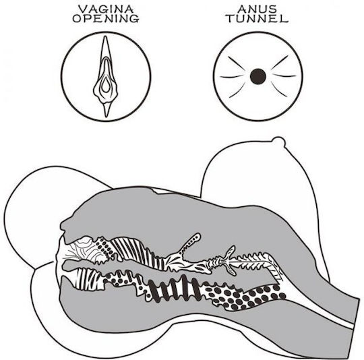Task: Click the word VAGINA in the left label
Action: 106,9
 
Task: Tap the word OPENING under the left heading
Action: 106,19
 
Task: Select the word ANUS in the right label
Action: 257,9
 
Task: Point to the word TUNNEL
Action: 257,19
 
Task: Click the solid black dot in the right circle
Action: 258,76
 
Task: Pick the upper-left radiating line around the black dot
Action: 235,63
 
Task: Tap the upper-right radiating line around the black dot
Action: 280,63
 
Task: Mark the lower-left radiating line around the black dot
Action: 237,90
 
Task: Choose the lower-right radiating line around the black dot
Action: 278,90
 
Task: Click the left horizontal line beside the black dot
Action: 232,76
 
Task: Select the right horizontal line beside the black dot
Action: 284,76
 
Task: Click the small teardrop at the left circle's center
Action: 106,85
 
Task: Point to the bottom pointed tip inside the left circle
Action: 107,116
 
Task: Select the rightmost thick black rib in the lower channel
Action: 195,287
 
